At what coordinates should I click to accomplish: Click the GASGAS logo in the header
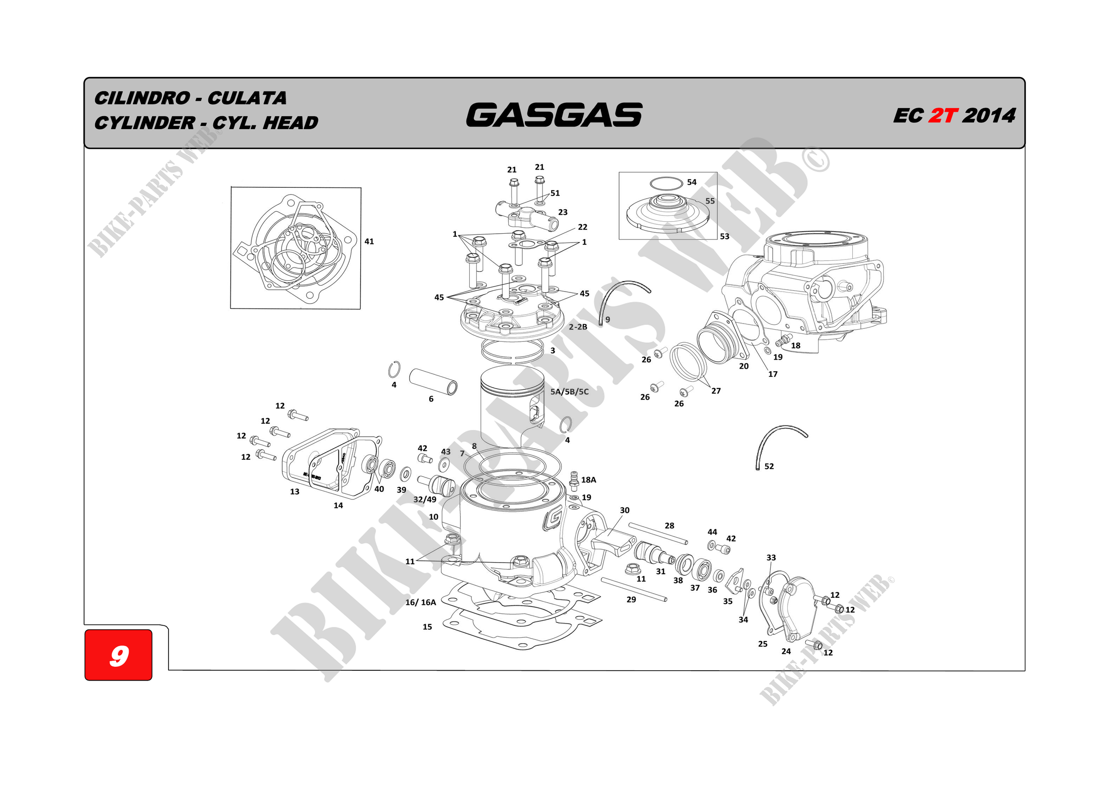click(554, 115)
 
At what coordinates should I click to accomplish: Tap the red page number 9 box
click(119, 655)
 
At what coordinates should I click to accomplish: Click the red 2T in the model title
click(943, 116)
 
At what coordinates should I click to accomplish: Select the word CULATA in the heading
click(247, 98)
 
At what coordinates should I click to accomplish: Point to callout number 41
click(369, 241)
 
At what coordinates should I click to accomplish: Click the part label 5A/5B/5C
click(569, 392)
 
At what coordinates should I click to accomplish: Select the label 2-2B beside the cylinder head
click(578, 327)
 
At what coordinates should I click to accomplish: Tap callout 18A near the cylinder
click(588, 480)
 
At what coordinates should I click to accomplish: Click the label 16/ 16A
click(420, 602)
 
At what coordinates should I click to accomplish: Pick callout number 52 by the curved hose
click(769, 466)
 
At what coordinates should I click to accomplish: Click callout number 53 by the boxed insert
click(725, 236)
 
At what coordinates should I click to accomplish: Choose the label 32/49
click(425, 499)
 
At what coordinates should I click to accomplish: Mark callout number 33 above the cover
click(771, 558)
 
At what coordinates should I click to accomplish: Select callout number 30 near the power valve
click(625, 510)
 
